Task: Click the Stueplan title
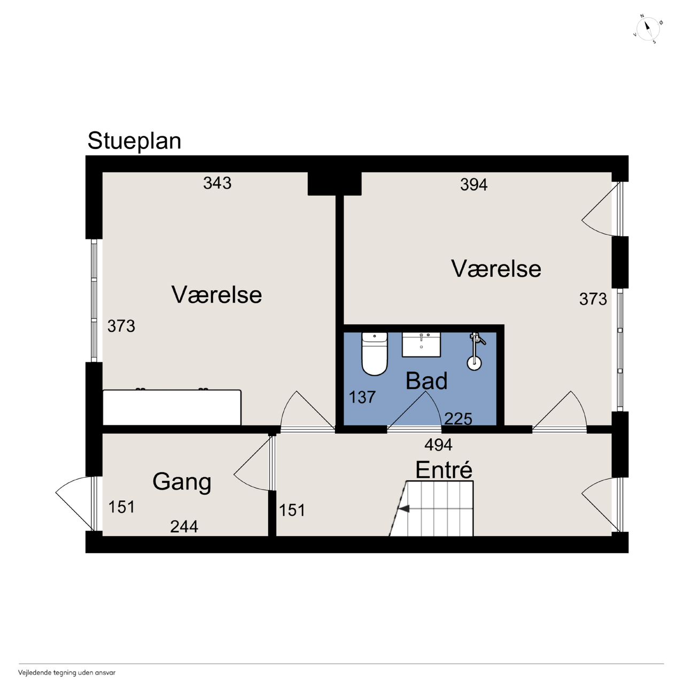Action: pyautogui.click(x=134, y=141)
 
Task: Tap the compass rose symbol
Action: pyautogui.click(x=648, y=29)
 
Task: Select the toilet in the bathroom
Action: pyautogui.click(x=375, y=354)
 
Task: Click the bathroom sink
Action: pyautogui.click(x=421, y=344)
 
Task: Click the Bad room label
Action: pyautogui.click(x=426, y=381)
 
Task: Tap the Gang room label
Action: pyautogui.click(x=182, y=483)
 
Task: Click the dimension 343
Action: pyautogui.click(x=217, y=183)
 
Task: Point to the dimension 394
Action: pyautogui.click(x=474, y=184)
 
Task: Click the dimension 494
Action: pyautogui.click(x=438, y=445)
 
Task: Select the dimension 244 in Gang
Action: pyautogui.click(x=184, y=527)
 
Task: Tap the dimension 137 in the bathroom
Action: pyautogui.click(x=362, y=397)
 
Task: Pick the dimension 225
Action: pyautogui.click(x=458, y=419)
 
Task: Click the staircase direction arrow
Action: pyautogui.click(x=404, y=509)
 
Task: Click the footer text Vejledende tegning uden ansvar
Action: pyautogui.click(x=67, y=673)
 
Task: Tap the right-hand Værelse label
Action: pyautogui.click(x=496, y=269)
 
